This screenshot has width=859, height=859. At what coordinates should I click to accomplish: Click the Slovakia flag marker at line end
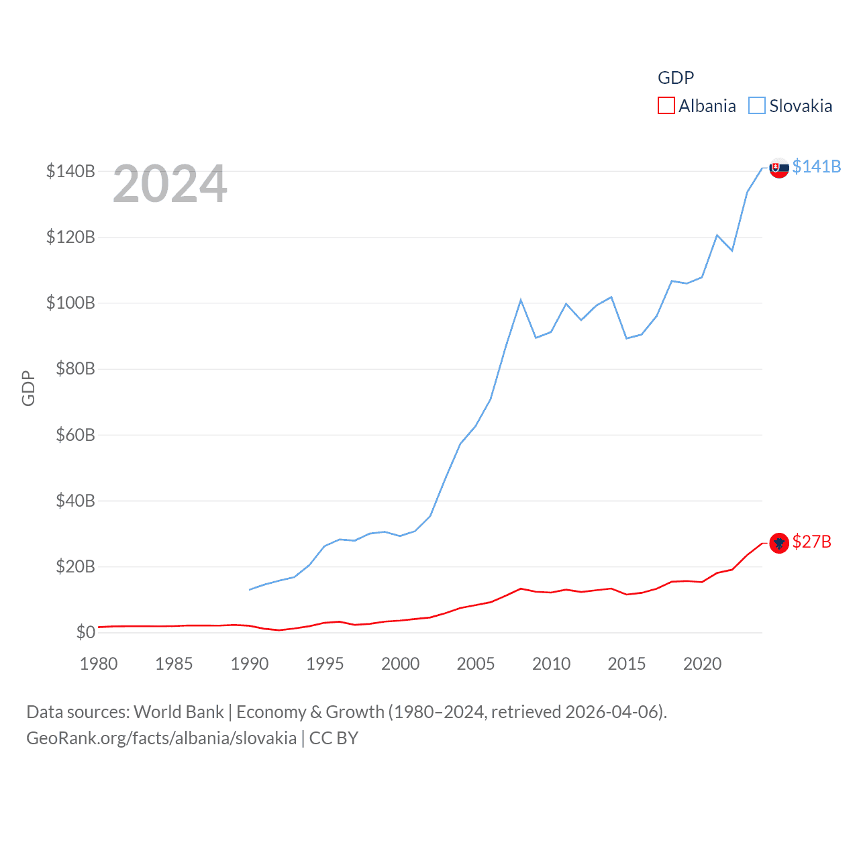click(x=778, y=168)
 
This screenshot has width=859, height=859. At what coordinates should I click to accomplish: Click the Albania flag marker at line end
click(x=778, y=543)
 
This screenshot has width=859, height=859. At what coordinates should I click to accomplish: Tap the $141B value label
click(x=816, y=166)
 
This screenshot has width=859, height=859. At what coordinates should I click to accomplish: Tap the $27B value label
click(x=811, y=542)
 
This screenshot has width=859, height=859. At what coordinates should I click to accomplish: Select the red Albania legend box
click(x=666, y=106)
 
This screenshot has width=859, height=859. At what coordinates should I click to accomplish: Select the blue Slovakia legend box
click(x=756, y=106)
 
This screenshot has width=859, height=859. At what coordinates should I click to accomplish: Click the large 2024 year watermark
click(x=170, y=184)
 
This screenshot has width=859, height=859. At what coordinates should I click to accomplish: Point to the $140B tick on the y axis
click(x=70, y=171)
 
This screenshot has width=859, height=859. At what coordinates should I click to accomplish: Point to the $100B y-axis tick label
click(x=70, y=303)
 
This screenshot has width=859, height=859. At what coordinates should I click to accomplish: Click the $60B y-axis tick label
click(x=75, y=435)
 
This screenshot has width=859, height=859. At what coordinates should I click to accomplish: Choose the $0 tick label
click(x=85, y=632)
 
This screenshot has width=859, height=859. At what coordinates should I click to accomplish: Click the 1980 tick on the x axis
click(x=99, y=664)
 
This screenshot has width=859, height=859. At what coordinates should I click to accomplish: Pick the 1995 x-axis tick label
click(x=325, y=664)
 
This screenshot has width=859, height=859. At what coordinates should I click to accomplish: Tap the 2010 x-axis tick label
click(x=551, y=664)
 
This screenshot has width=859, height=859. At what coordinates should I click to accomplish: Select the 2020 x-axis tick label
click(x=702, y=664)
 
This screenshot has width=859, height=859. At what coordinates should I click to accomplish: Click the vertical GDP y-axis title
click(x=28, y=388)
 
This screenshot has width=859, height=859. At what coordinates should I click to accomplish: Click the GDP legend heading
click(x=675, y=78)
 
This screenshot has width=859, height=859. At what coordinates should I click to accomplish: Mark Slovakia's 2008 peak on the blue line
click(x=521, y=300)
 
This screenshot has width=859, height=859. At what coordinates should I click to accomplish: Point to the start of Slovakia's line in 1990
click(x=250, y=589)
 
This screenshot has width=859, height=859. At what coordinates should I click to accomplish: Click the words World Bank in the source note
click(x=179, y=712)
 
